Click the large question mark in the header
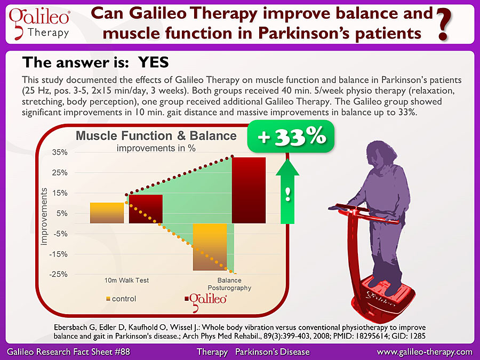pyautogui.click(x=444, y=25)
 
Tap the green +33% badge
pyautogui.click(x=291, y=137)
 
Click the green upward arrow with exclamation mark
pyautogui.click(x=287, y=191)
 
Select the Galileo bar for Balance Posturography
pyautogui.click(x=249, y=190)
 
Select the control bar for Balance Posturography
pyautogui.click(x=210, y=247)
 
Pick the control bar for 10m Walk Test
pyautogui.click(x=107, y=213)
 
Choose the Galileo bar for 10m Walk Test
pyautogui.click(x=146, y=209)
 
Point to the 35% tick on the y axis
pyautogui.click(x=60, y=153)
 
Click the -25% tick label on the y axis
pyautogui.click(x=58, y=274)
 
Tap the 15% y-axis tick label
pyautogui.click(x=60, y=193)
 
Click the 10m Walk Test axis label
pyautogui.click(x=126, y=280)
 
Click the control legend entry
pyautogui.click(x=121, y=299)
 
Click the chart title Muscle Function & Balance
pyautogui.click(x=156, y=135)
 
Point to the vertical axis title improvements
pyautogui.click(x=44, y=217)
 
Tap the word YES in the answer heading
pyautogui.click(x=154, y=62)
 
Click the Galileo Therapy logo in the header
pyautogui.click(x=39, y=24)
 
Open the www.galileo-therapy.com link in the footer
pyautogui.click(x=425, y=352)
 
